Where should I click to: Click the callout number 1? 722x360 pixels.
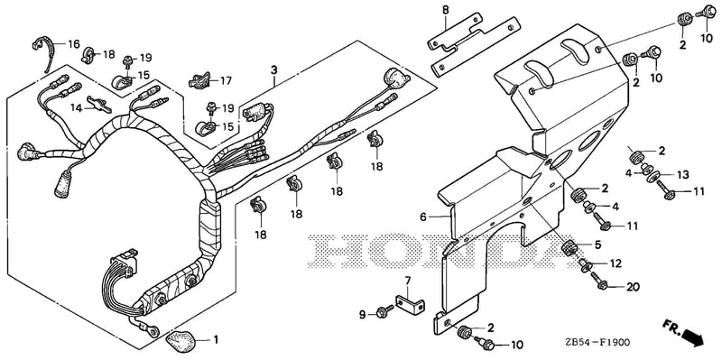point(215,341)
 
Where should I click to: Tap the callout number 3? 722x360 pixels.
point(274,70)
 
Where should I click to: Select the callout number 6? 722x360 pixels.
point(423,217)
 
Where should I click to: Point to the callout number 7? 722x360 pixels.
point(407,281)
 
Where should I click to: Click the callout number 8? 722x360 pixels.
point(445,10)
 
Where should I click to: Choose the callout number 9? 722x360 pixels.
point(363,314)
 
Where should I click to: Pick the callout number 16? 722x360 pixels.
point(74,44)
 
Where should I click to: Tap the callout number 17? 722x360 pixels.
point(226,81)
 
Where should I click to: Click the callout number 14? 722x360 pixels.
point(76,107)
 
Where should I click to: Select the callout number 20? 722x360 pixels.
point(634,287)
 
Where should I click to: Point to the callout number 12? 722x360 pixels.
point(616,263)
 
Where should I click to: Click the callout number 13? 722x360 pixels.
point(683,175)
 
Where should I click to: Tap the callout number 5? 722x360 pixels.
point(597,245)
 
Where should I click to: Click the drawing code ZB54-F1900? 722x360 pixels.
point(598,343)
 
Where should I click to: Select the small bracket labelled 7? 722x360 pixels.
point(410,304)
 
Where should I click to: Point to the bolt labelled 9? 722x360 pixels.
point(384,311)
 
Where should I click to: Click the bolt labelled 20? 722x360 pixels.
point(598,280)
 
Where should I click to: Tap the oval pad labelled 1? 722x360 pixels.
point(181,340)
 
